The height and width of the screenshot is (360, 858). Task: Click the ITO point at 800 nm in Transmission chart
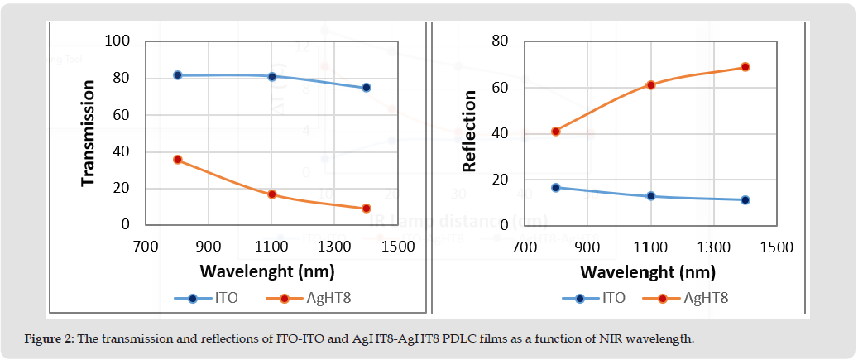pyautogui.click(x=177, y=75)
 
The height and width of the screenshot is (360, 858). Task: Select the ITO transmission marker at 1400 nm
pyautogui.click(x=366, y=88)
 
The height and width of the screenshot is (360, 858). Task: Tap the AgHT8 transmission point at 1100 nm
pyautogui.click(x=271, y=194)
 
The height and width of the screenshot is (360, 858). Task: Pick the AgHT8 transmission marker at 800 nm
pyautogui.click(x=177, y=160)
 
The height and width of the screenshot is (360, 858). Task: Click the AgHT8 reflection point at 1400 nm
pyautogui.click(x=745, y=67)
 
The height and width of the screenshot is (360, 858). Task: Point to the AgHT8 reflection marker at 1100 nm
pyautogui.click(x=650, y=84)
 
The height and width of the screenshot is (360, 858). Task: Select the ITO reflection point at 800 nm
pyautogui.click(x=556, y=188)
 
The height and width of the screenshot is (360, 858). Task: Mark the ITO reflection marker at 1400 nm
pyautogui.click(x=745, y=200)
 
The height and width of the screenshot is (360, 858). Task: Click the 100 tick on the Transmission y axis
pyautogui.click(x=119, y=41)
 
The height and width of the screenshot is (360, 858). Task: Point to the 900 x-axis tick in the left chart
pyautogui.click(x=209, y=247)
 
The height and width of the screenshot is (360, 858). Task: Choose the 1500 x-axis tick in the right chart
pyautogui.click(x=776, y=247)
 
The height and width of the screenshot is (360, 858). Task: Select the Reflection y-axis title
pyautogui.click(x=469, y=132)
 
